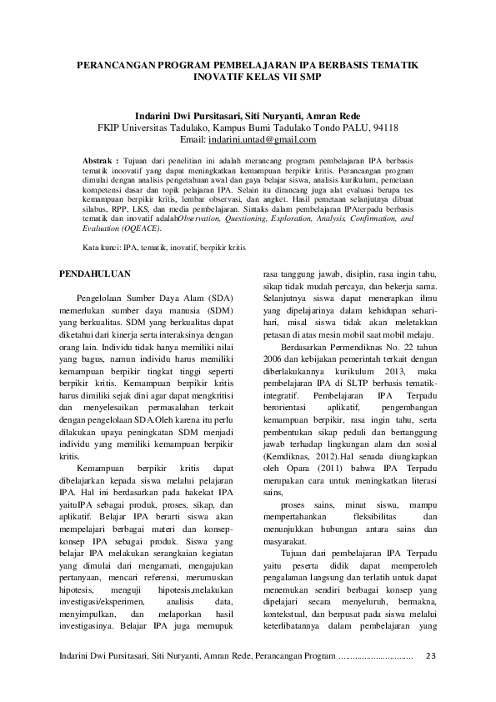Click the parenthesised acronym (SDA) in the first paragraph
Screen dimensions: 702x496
(x=221, y=298)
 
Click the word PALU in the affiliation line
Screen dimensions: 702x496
(x=350, y=128)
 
